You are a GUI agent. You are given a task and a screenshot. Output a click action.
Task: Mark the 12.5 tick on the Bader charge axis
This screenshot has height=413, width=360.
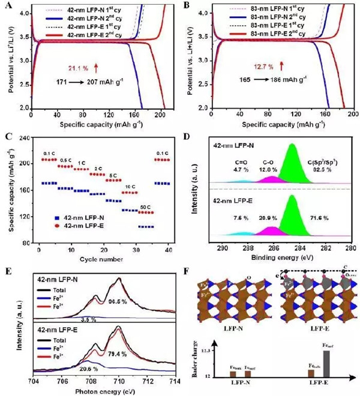coord(221,349)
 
